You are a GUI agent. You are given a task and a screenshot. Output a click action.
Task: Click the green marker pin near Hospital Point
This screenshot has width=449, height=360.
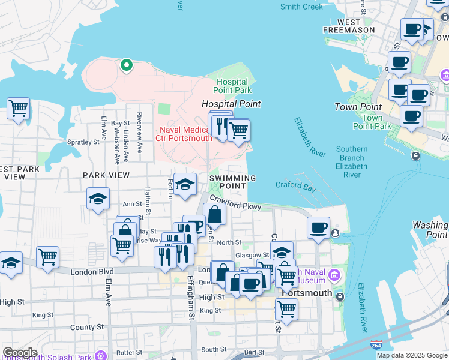[126, 65]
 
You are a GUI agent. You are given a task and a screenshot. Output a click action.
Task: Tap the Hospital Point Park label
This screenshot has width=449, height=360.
[234, 86]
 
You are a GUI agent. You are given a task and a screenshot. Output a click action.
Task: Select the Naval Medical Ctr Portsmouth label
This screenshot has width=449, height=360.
[186, 134]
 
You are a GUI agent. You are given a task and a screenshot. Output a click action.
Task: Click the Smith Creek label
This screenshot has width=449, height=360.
[301, 7]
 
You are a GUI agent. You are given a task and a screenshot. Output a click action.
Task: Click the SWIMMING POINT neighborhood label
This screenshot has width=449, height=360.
[233, 182]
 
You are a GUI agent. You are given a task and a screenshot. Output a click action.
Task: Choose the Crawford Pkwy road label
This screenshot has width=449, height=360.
[235, 205]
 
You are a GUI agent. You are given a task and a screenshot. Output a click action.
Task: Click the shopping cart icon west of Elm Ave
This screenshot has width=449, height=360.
[19, 109]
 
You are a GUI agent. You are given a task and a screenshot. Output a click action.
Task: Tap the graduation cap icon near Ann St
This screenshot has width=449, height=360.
[98, 200]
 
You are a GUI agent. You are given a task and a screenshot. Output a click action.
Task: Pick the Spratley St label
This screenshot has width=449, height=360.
[83, 143]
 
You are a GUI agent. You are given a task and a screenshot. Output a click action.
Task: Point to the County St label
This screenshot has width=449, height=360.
[86, 328]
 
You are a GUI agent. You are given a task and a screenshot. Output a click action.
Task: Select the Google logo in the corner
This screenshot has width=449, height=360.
[19, 353]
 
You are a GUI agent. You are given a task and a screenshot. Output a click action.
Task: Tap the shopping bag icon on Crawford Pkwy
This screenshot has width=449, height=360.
[214, 214]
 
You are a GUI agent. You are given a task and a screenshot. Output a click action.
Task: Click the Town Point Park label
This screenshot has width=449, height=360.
[372, 122]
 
